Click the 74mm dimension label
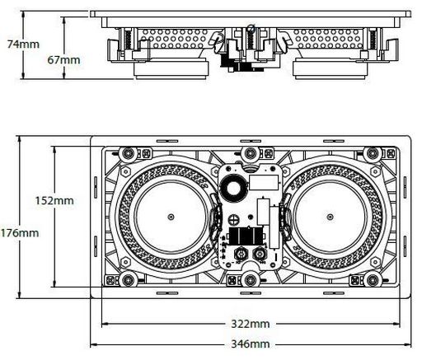tap(23, 44)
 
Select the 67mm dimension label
tap(63, 60)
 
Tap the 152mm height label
tap(54, 200)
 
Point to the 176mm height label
tap(19, 233)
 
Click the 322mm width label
tap(251, 324)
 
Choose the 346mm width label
tap(251, 344)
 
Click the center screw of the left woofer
tap(171, 217)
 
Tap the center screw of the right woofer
tap(330, 217)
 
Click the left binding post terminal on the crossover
tap(241, 255)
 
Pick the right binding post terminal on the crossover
tap(259, 255)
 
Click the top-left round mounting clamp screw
tap(128, 153)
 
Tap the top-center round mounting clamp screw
tap(251, 153)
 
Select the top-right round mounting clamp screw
tap(373, 153)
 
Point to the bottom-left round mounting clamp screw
tap(128, 280)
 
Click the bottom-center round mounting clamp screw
tap(251, 280)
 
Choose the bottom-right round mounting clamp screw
tap(373, 280)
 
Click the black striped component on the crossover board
tap(246, 236)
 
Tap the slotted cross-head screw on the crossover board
tap(234, 219)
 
